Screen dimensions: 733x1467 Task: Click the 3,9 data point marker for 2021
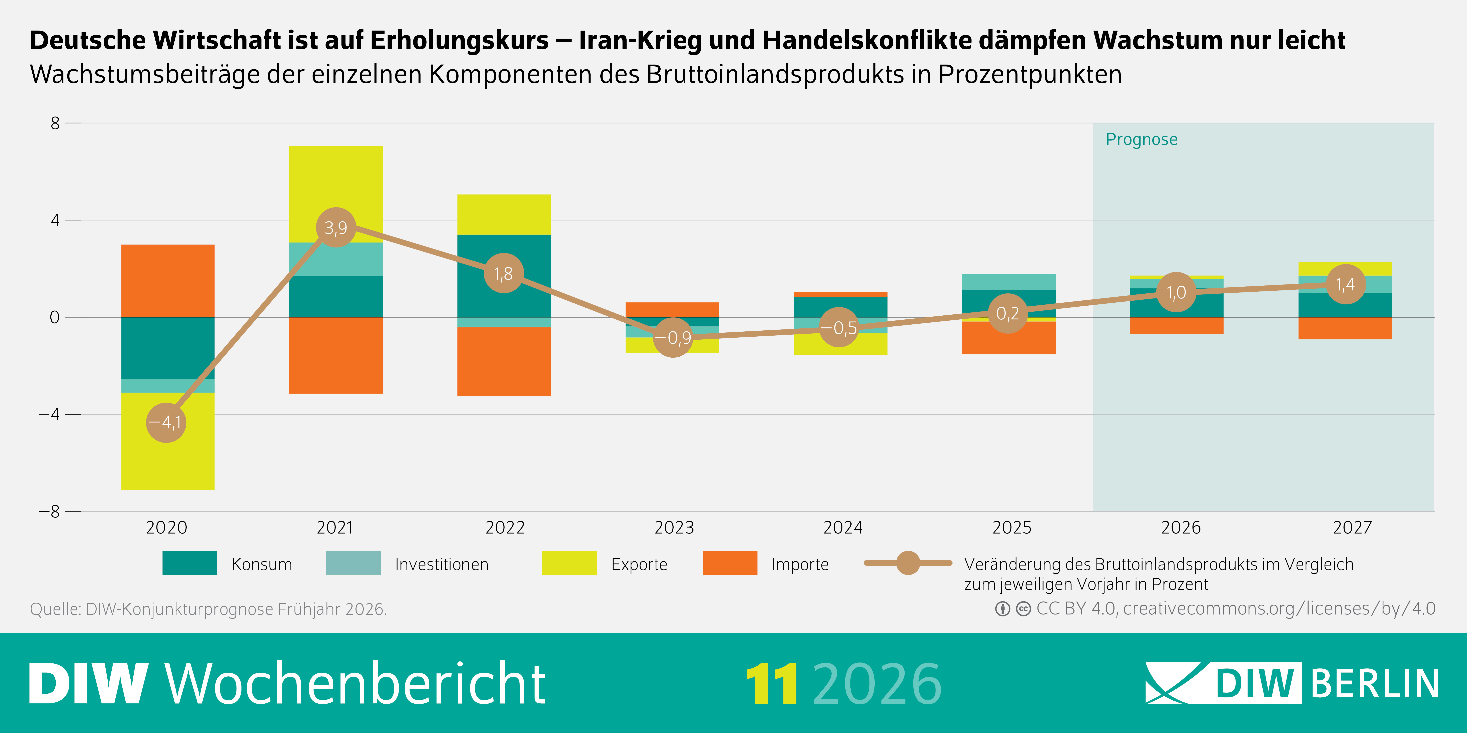336,228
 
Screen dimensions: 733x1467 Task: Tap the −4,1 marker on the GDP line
166,422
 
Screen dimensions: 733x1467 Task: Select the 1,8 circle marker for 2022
503,273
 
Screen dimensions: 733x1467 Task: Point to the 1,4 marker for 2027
1345,284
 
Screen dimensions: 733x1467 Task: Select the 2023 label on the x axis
674,528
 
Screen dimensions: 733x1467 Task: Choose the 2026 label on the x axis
1181,528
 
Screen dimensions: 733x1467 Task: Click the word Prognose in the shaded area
1141,140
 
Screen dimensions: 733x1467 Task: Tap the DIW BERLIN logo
1292,683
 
